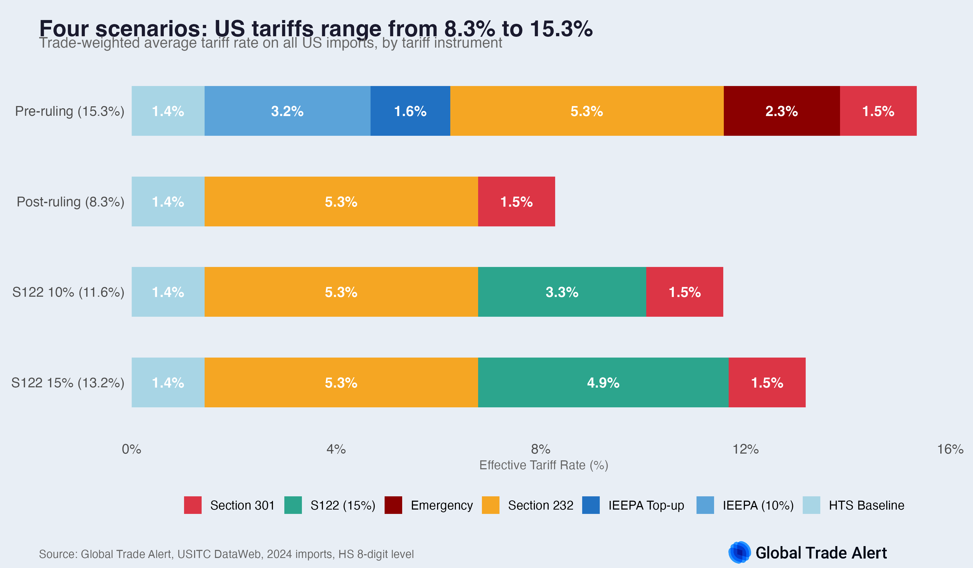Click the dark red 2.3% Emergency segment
[x=781, y=111]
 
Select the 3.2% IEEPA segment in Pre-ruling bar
[x=287, y=111]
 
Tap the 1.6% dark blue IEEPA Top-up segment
[x=410, y=111]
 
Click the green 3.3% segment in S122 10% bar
[x=562, y=292]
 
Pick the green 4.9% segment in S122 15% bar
[x=603, y=382]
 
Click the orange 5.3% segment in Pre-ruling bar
[x=587, y=111]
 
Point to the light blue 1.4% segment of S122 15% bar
[x=168, y=382]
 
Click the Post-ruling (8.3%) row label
[x=70, y=202]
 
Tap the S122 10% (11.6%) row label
[x=68, y=292]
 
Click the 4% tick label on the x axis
[x=336, y=449]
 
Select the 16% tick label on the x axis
[x=950, y=449]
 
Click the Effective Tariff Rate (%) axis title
[x=544, y=465]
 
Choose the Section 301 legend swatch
[x=193, y=505]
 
